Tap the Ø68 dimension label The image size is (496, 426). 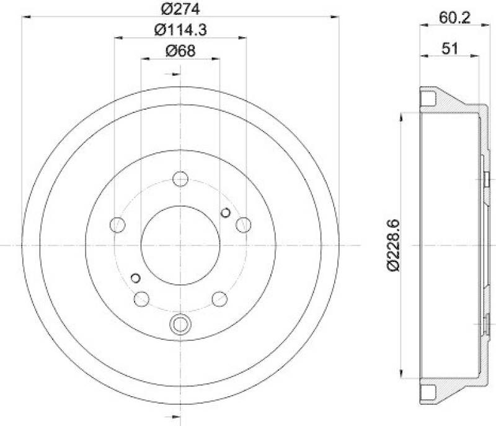point(180,51)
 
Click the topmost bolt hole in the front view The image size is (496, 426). point(180,179)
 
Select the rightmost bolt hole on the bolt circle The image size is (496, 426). point(244,224)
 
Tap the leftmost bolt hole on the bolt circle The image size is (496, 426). point(117,224)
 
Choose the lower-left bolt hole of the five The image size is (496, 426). point(141,299)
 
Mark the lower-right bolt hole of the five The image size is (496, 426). point(219,299)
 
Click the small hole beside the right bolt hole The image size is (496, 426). point(226,213)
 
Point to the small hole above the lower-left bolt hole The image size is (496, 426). point(136,277)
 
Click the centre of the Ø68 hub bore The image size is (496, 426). point(180,246)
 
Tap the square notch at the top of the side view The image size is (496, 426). point(427,98)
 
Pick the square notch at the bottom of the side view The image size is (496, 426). point(427,392)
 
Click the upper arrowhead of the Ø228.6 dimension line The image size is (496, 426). point(404,116)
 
